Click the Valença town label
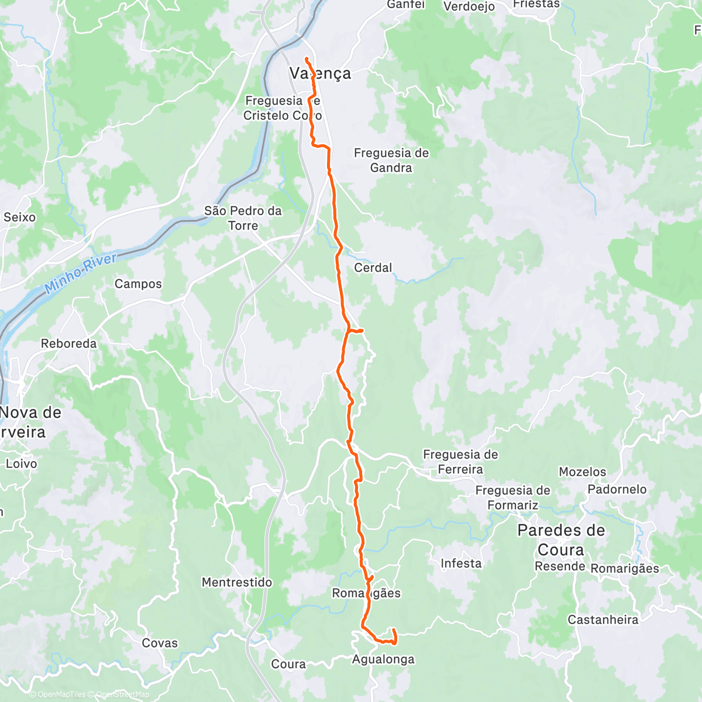tap(321, 73)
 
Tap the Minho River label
tap(81, 273)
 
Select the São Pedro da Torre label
tap(243, 218)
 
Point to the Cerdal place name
tap(373, 268)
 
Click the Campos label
tap(138, 284)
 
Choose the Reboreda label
tap(68, 344)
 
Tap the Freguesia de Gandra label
tap(391, 160)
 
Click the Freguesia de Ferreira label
tap(460, 462)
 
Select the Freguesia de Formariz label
tap(512, 498)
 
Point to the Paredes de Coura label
tap(561, 540)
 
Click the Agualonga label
tap(383, 659)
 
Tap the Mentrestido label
tap(237, 583)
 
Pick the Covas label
tap(160, 643)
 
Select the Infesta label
tap(461, 564)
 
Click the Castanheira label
tap(603, 620)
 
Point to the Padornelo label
tap(617, 490)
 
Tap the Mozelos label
tap(582, 472)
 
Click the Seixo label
tap(19, 218)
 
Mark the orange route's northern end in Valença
tap(306, 58)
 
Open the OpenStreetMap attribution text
tap(122, 695)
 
